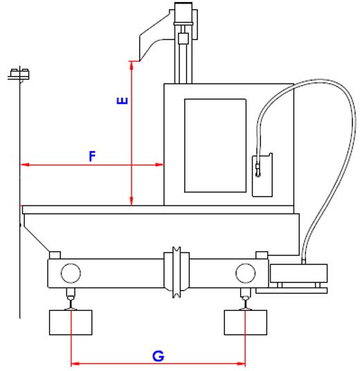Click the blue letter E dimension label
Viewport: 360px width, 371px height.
click(x=123, y=101)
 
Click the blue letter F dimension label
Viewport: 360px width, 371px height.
click(x=92, y=156)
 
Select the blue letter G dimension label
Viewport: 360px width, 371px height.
click(x=158, y=356)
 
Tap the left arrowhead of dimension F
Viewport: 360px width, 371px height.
click(x=25, y=165)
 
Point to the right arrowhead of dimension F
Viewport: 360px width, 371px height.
click(x=159, y=165)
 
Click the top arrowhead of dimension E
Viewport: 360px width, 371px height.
click(x=132, y=66)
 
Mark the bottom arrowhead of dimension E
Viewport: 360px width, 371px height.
click(x=132, y=201)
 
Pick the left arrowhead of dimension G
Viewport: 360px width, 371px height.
click(x=75, y=363)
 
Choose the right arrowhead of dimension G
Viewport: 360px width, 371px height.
click(x=241, y=363)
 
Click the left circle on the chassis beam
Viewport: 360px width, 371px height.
click(x=71, y=273)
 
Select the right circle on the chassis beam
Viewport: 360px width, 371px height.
click(x=246, y=273)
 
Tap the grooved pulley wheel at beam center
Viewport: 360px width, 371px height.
click(x=177, y=272)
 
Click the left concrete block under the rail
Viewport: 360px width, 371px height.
click(x=71, y=323)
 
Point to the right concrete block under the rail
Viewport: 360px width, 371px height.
click(x=246, y=323)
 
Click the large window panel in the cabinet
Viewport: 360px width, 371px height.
click(x=215, y=145)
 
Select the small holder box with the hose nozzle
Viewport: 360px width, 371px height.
click(x=262, y=175)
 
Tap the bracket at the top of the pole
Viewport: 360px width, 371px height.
click(x=19, y=74)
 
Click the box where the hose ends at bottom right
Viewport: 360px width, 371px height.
click(x=298, y=273)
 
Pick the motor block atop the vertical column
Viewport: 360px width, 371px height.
click(x=183, y=12)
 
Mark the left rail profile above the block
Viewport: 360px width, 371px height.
click(x=71, y=304)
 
